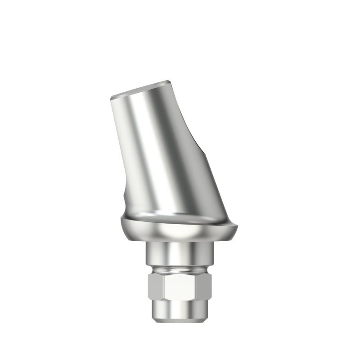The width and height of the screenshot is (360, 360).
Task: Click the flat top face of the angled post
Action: coord(139,89)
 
